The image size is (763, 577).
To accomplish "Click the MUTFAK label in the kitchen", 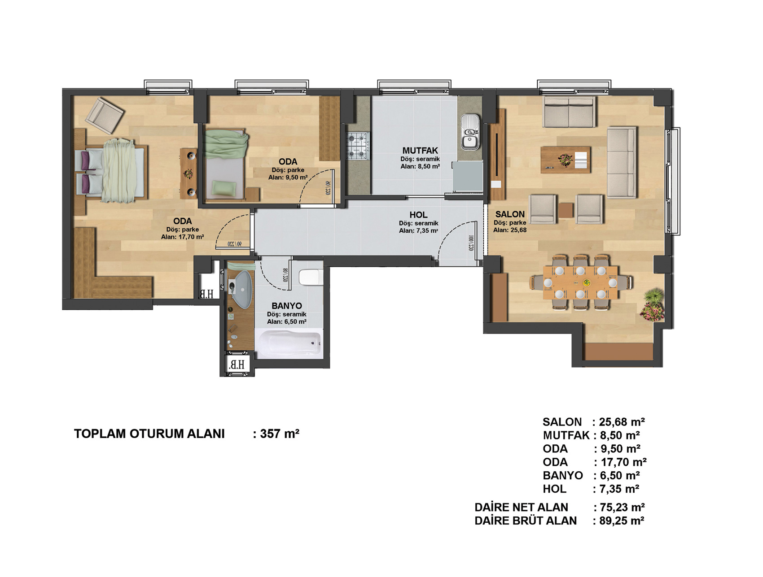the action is (420, 151).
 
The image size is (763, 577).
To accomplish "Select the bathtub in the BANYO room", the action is (289, 344).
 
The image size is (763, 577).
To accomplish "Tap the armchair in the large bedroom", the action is (105, 116).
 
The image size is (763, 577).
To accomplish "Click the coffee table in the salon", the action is (566, 160).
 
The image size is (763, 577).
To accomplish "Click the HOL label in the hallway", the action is (418, 215).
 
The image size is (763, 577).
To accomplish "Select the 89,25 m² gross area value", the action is (622, 521).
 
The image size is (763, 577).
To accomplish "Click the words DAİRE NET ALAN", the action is (521, 507).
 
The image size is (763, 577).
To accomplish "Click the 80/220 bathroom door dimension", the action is (285, 275).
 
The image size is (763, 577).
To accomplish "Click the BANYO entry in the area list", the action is (563, 476).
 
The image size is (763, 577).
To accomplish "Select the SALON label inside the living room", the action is (510, 214).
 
